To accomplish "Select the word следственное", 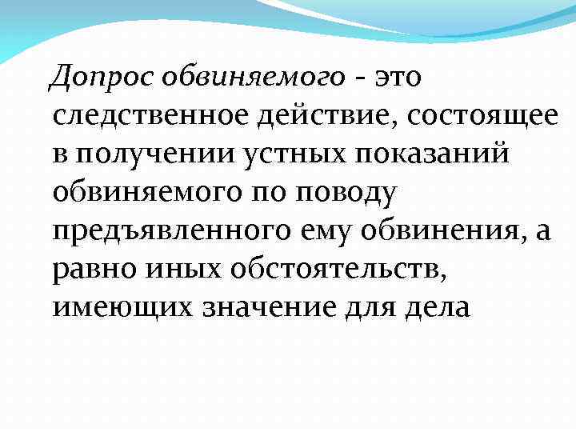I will (153, 118).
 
